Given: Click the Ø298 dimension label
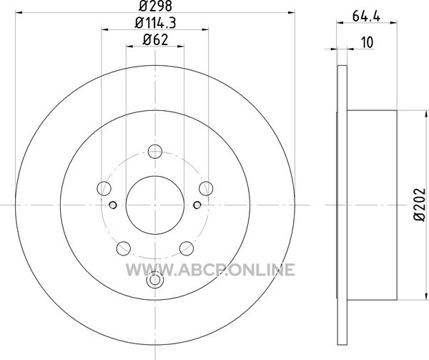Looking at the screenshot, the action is (x=155, y=6).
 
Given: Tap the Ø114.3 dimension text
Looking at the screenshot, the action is (x=155, y=23).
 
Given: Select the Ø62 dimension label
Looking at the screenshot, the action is (x=155, y=40).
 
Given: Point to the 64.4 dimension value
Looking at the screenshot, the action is (x=366, y=16).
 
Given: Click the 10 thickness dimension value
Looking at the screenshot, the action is (x=368, y=43).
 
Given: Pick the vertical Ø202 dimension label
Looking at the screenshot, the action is (x=420, y=205).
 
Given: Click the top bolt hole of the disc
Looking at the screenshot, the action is (x=155, y=152).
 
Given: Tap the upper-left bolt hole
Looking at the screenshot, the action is (x=104, y=188).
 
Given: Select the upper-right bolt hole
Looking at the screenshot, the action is (x=206, y=188).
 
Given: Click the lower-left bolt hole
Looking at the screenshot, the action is (x=124, y=248).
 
